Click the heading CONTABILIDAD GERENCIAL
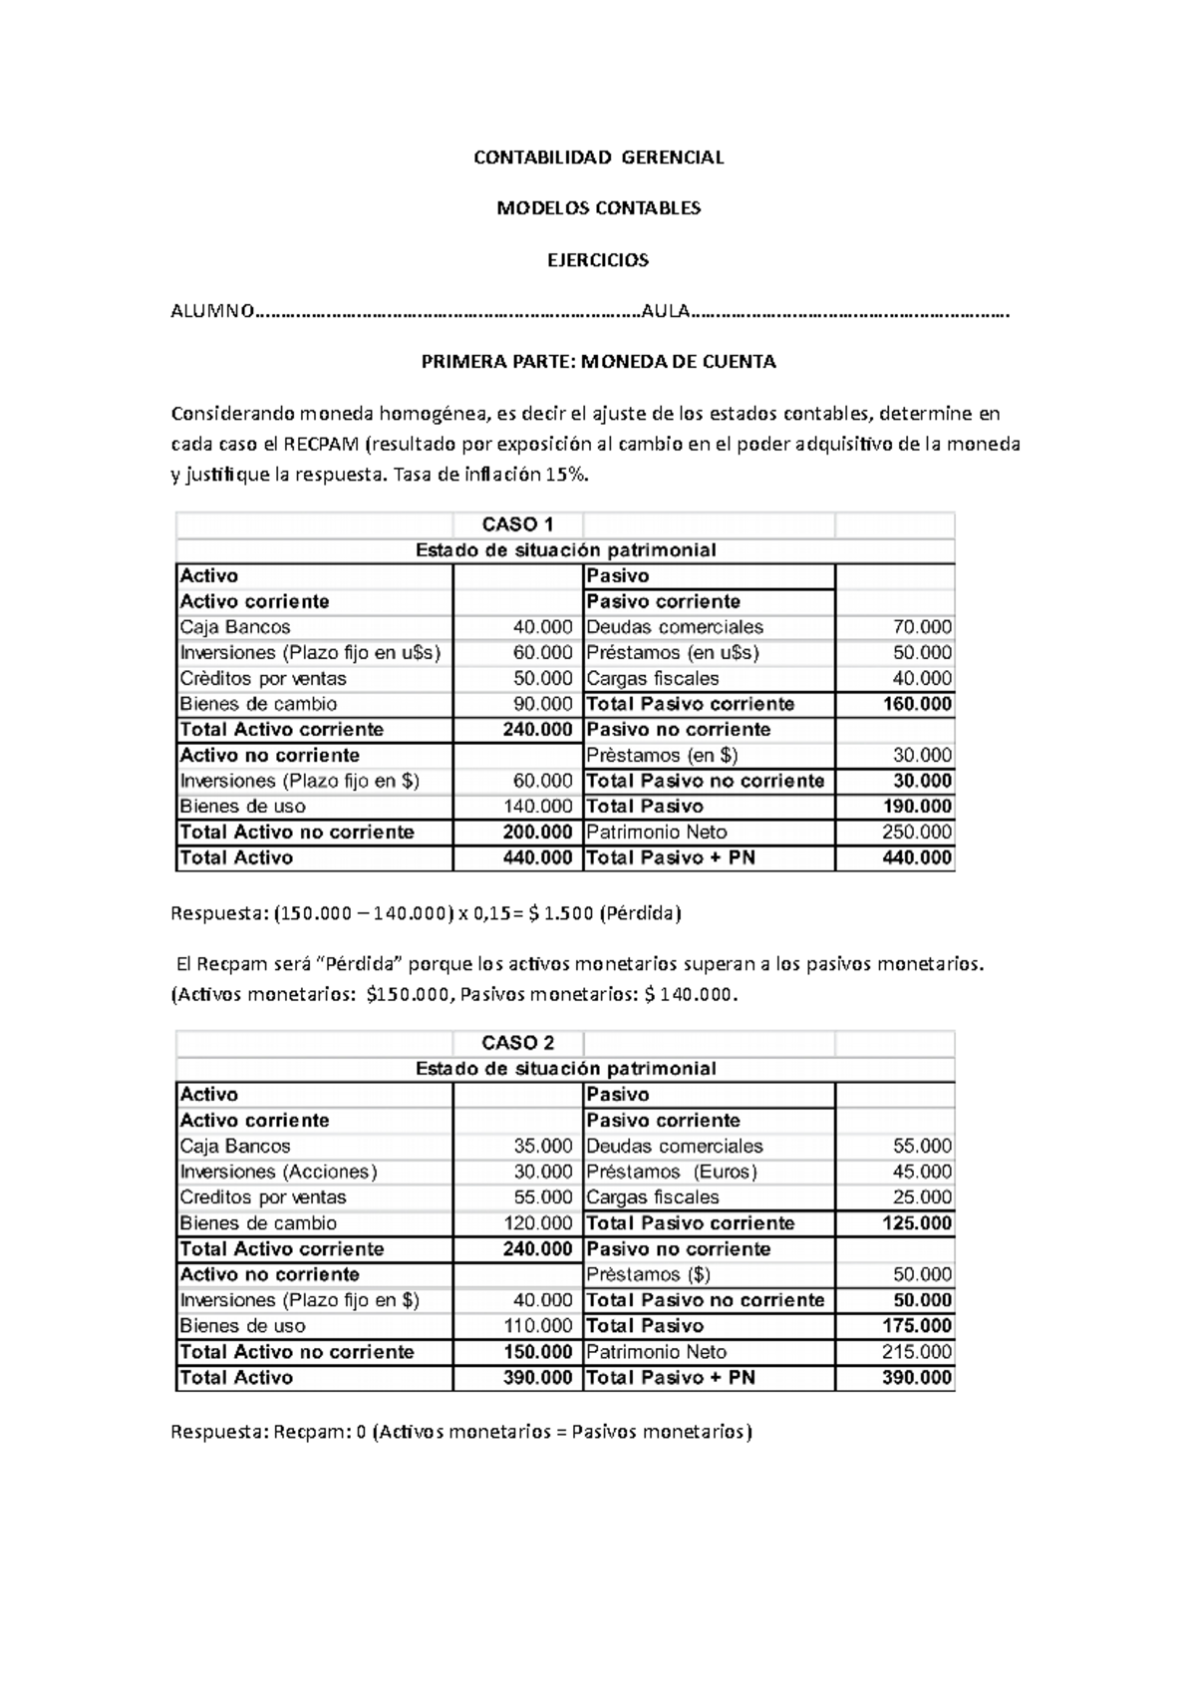pos(598,158)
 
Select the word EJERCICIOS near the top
pos(598,260)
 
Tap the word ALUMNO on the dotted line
pos(212,312)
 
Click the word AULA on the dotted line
pos(665,312)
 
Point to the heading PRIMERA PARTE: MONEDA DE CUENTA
pos(598,362)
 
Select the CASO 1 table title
pos(517,524)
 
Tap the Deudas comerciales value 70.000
pos(922,627)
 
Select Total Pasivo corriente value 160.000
pos(917,704)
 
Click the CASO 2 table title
pos(517,1043)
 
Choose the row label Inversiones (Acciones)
pos(279,1172)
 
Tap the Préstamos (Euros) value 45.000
pos(922,1172)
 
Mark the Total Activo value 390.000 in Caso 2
pos(538,1378)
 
